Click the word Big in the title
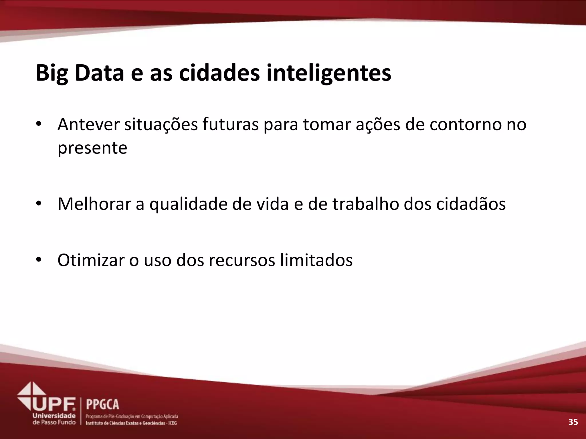(52, 73)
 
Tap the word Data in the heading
(99, 73)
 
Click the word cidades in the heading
(219, 73)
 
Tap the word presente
(92, 148)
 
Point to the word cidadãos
(471, 204)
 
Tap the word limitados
(316, 260)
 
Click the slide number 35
(573, 422)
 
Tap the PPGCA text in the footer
(102, 404)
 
